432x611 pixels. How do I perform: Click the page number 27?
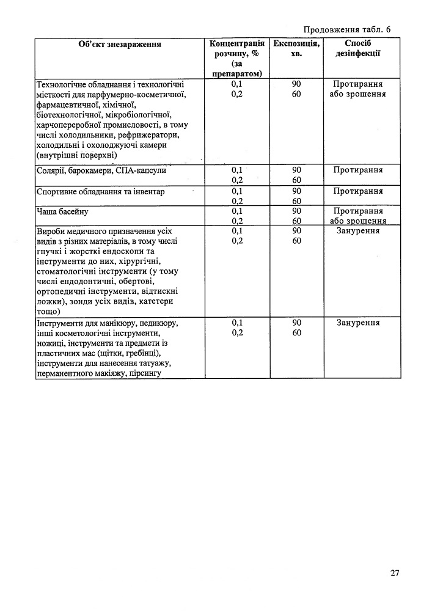point(394,573)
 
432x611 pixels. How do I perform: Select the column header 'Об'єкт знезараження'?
point(120,44)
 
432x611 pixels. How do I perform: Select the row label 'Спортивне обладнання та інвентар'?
point(101,192)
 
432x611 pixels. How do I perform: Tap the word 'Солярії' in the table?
point(51,170)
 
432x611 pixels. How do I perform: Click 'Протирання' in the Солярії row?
point(358,170)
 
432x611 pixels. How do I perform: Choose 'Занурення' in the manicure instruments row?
point(358,322)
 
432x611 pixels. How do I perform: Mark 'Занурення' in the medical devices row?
point(358,231)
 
